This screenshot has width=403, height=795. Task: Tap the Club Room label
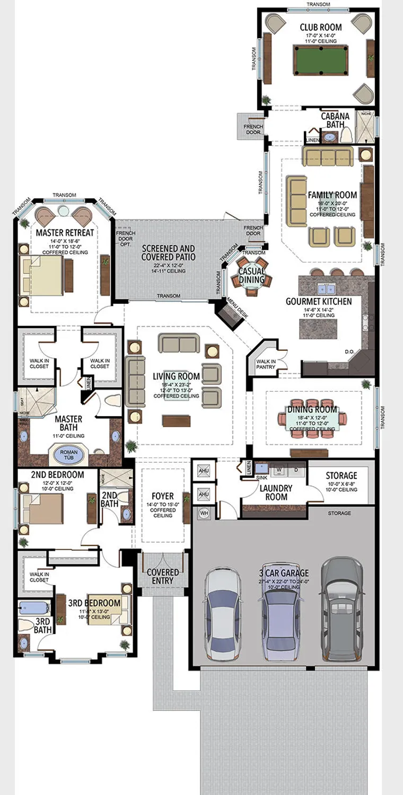320,27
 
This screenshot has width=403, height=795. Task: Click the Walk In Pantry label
266,364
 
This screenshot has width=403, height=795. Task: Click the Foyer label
162,497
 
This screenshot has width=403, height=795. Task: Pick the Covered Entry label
163,576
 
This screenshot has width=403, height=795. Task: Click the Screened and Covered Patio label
169,252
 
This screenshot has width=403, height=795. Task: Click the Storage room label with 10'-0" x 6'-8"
341,475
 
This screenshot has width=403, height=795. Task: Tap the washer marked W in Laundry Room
279,470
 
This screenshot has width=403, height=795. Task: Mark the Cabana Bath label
335,120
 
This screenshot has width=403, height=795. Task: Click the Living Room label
169,376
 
